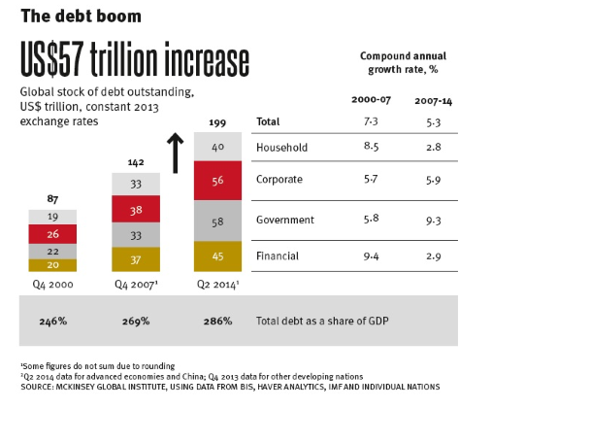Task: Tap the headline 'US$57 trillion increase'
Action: (134, 61)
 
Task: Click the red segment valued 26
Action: (52, 234)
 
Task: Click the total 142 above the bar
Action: (136, 162)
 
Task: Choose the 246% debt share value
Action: (51, 320)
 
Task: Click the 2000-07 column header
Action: (370, 100)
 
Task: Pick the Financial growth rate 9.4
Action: (370, 256)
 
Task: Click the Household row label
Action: (282, 147)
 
